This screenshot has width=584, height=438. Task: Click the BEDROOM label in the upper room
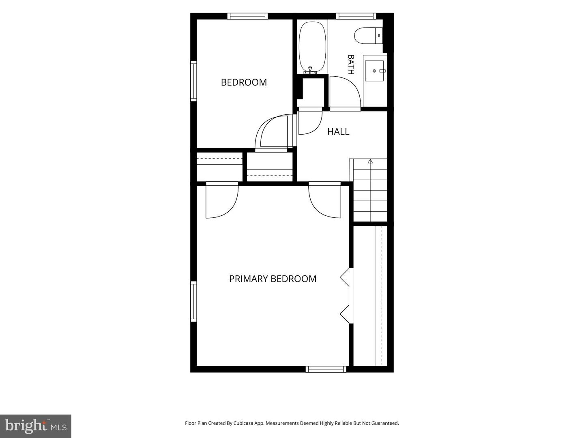pos(244,82)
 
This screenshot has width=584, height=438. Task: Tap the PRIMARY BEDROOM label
pos(273,279)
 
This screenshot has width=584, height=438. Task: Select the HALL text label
pos(338,131)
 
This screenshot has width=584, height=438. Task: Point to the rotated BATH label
pos(351,64)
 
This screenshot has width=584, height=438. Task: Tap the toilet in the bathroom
pos(368,36)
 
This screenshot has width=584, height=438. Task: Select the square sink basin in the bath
pos(374,71)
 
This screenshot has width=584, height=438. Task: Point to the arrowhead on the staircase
pos(370,161)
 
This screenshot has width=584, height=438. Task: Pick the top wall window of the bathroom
pos(356,16)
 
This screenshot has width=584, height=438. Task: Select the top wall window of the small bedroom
pos(247,16)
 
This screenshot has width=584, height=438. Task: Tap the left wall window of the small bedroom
pos(193,81)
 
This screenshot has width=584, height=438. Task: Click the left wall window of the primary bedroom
pos(193,301)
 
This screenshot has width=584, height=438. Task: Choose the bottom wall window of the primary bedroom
pos(326,369)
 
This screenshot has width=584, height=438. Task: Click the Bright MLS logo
pos(36,426)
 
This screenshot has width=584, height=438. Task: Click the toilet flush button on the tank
pos(379,36)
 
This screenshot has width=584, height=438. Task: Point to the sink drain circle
pos(374,71)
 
